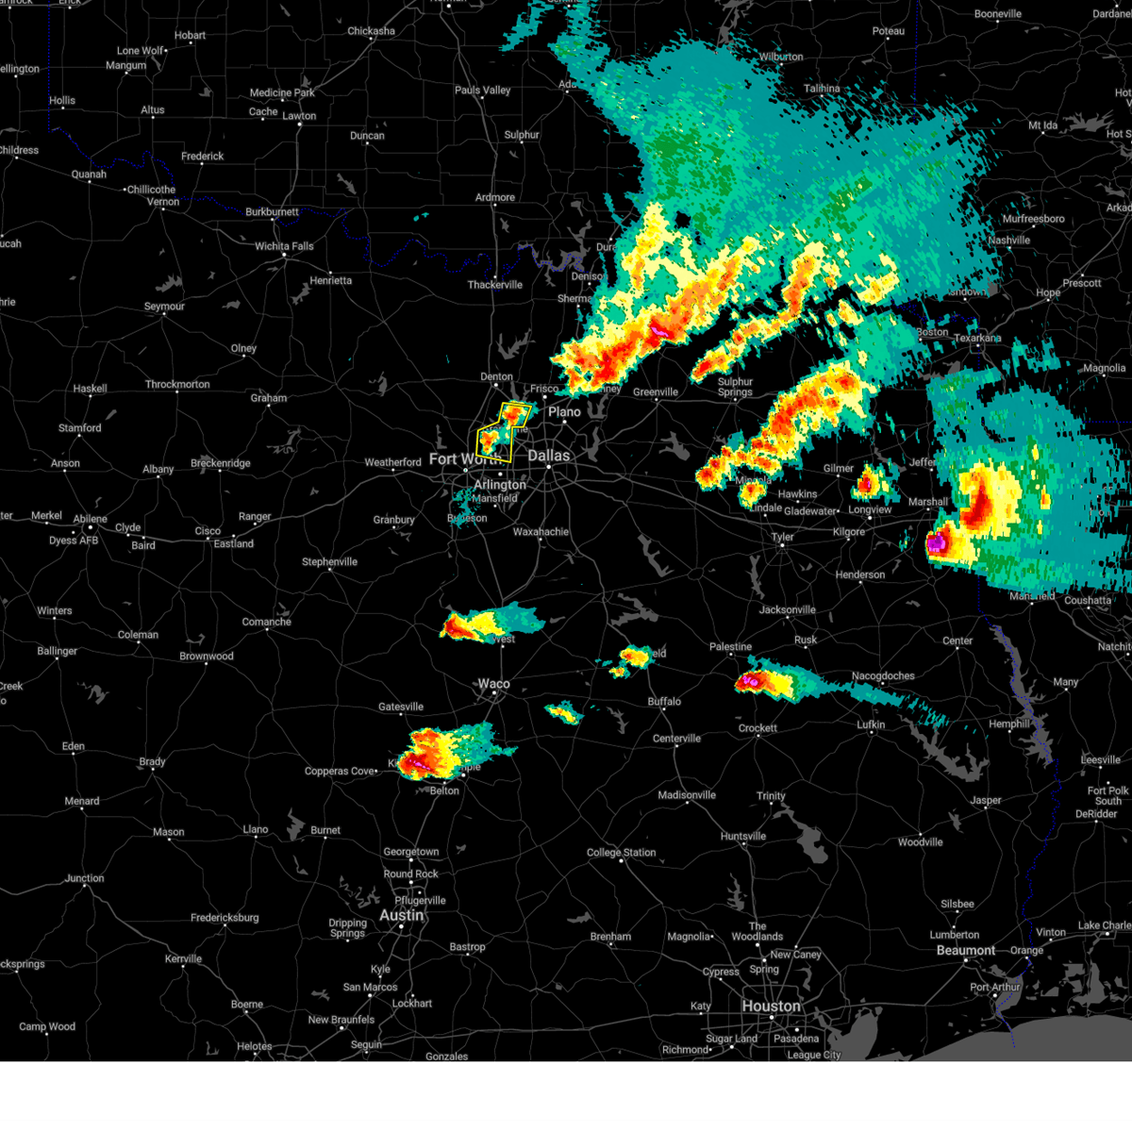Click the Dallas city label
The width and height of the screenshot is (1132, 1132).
tap(548, 456)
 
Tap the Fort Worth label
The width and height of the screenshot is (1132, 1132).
tap(456, 459)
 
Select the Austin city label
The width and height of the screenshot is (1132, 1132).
tap(401, 915)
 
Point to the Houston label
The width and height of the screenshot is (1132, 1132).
tap(771, 1006)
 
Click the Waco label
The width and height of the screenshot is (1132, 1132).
tap(493, 684)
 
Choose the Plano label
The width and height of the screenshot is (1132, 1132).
tap(565, 411)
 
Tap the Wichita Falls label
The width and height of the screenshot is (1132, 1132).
tap(284, 246)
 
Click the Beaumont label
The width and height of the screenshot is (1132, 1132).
tap(965, 950)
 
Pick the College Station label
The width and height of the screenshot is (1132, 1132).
tap(622, 853)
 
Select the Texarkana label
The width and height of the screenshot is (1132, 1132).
tap(977, 338)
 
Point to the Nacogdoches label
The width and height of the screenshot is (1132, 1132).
tap(883, 675)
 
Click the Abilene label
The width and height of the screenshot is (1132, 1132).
tap(91, 519)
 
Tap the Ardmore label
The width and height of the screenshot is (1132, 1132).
tap(495, 198)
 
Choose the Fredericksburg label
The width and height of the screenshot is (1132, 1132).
tap(225, 918)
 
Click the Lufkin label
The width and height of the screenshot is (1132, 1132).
tap(871, 724)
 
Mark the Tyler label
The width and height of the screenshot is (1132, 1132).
tap(783, 537)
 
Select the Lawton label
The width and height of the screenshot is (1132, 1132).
tap(300, 116)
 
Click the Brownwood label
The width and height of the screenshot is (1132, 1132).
tap(207, 657)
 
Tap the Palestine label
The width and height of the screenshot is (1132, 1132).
tap(731, 647)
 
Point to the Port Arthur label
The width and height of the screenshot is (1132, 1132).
tap(995, 988)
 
